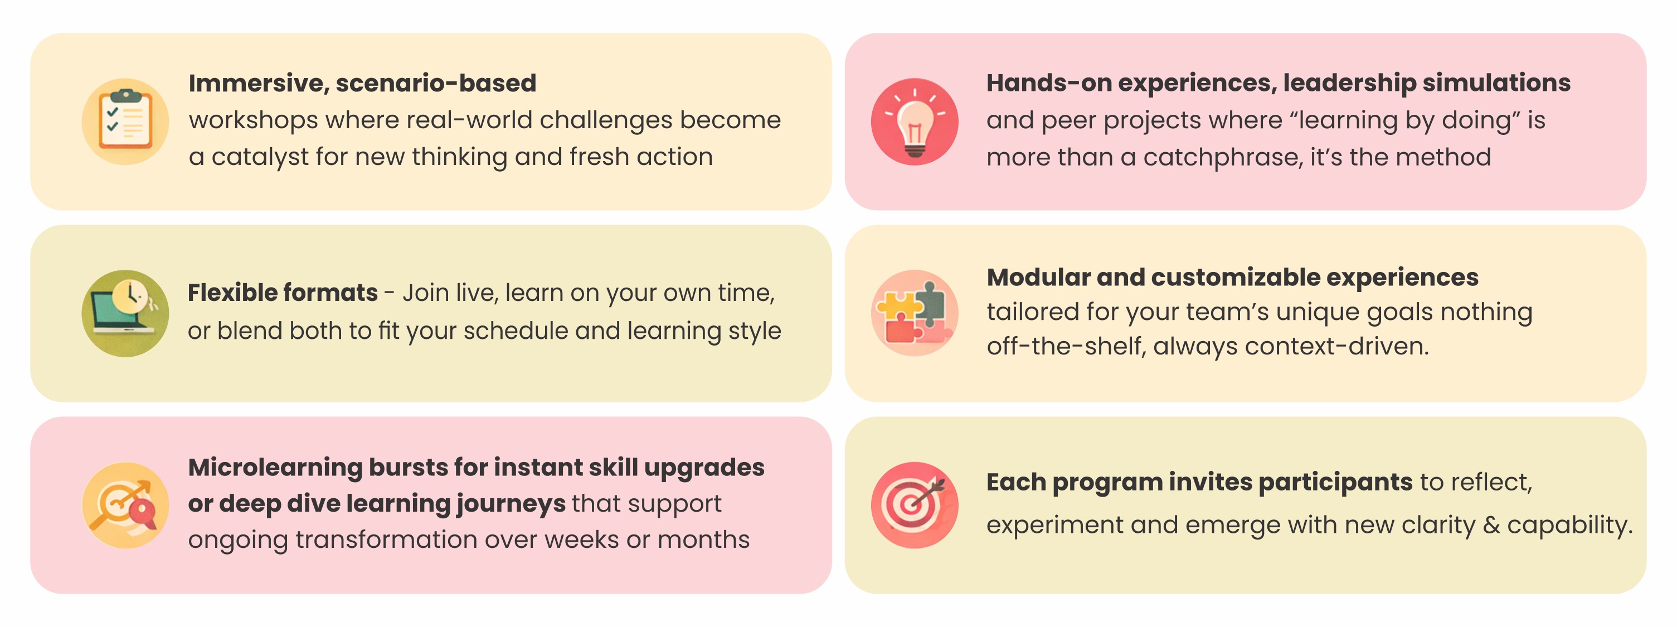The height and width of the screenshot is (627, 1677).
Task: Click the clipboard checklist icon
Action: coord(125,121)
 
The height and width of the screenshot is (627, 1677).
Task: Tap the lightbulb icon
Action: coord(915,121)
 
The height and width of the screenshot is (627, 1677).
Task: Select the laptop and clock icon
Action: coord(125,313)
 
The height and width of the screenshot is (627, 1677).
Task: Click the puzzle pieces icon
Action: coord(915,313)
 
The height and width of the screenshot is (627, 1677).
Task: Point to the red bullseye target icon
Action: coord(915,506)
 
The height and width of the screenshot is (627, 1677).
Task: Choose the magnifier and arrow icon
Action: coord(125,506)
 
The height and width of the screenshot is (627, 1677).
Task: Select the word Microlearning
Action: coord(275,468)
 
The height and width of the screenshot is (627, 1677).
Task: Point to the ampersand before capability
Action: coord(1491,526)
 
